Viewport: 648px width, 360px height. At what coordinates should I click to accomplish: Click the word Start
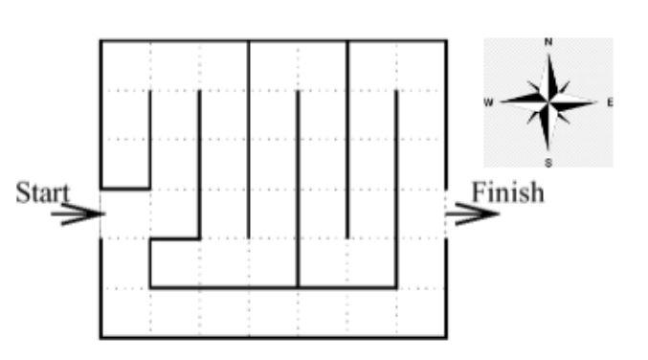(x=42, y=191)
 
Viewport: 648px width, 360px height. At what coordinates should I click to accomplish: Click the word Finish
(x=506, y=191)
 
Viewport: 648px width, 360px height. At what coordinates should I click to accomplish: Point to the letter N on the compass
(x=548, y=42)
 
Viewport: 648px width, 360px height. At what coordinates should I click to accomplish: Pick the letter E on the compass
(x=609, y=101)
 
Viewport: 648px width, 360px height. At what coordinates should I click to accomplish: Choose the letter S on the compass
(x=548, y=162)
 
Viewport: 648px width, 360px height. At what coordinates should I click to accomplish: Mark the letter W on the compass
(x=488, y=101)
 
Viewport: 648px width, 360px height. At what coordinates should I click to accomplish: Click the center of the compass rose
(x=548, y=101)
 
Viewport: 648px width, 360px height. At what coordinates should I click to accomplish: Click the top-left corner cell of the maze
(x=125, y=65)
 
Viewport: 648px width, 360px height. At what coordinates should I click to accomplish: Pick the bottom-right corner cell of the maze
(x=421, y=312)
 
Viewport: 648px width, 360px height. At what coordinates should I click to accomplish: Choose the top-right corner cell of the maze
(x=421, y=65)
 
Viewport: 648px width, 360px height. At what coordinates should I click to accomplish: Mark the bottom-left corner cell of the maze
(x=125, y=312)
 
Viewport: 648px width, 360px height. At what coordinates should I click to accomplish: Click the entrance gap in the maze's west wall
(x=101, y=214)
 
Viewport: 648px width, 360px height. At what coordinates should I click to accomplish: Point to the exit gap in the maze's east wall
(x=446, y=214)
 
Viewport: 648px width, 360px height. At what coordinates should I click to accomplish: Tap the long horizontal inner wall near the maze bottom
(x=273, y=287)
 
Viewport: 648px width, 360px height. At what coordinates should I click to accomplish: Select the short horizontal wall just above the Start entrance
(x=125, y=189)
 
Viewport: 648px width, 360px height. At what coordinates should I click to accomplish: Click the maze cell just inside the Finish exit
(x=421, y=214)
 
